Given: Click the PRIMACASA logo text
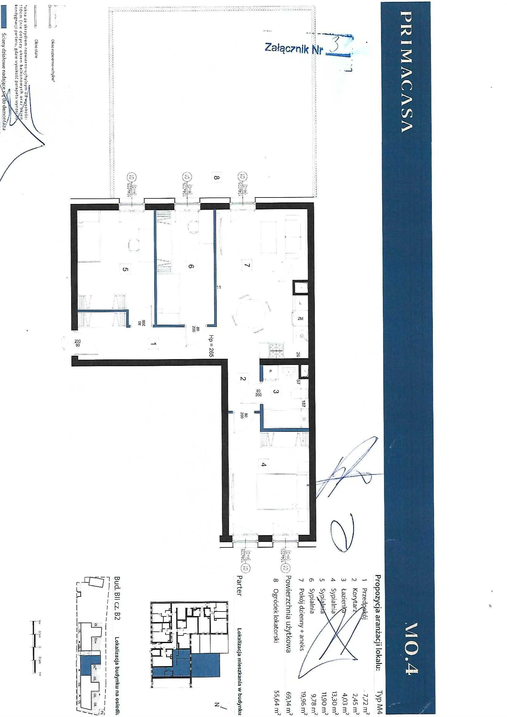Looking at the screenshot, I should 407,72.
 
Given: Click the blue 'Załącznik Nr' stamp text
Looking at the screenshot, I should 293,48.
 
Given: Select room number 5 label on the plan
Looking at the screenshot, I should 125,269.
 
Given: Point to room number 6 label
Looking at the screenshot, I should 191,266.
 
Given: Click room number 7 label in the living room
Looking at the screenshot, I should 247,265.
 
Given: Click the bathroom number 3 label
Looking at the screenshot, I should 276,392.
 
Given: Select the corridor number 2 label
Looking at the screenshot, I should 243,379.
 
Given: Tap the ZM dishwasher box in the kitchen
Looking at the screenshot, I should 301,319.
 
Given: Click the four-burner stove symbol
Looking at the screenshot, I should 276,350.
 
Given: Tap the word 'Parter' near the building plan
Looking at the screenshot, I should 239,586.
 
